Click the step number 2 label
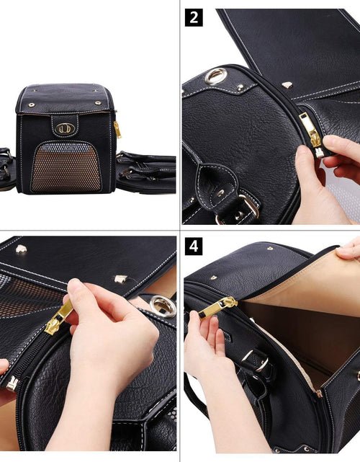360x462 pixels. [x=193, y=17]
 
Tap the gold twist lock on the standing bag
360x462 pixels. [x=64, y=128]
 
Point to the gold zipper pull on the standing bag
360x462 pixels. [x=117, y=130]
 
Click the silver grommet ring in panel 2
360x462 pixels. [x=215, y=76]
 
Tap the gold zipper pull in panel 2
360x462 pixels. [x=312, y=131]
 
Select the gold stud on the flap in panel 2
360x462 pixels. [x=287, y=85]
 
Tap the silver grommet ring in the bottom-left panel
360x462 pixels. [x=163, y=306]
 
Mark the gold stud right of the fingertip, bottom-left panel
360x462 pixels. [x=121, y=278]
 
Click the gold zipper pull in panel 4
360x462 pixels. [x=216, y=307]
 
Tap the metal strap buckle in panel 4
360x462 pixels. [x=256, y=358]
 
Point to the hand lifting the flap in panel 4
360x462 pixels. [x=350, y=249]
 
